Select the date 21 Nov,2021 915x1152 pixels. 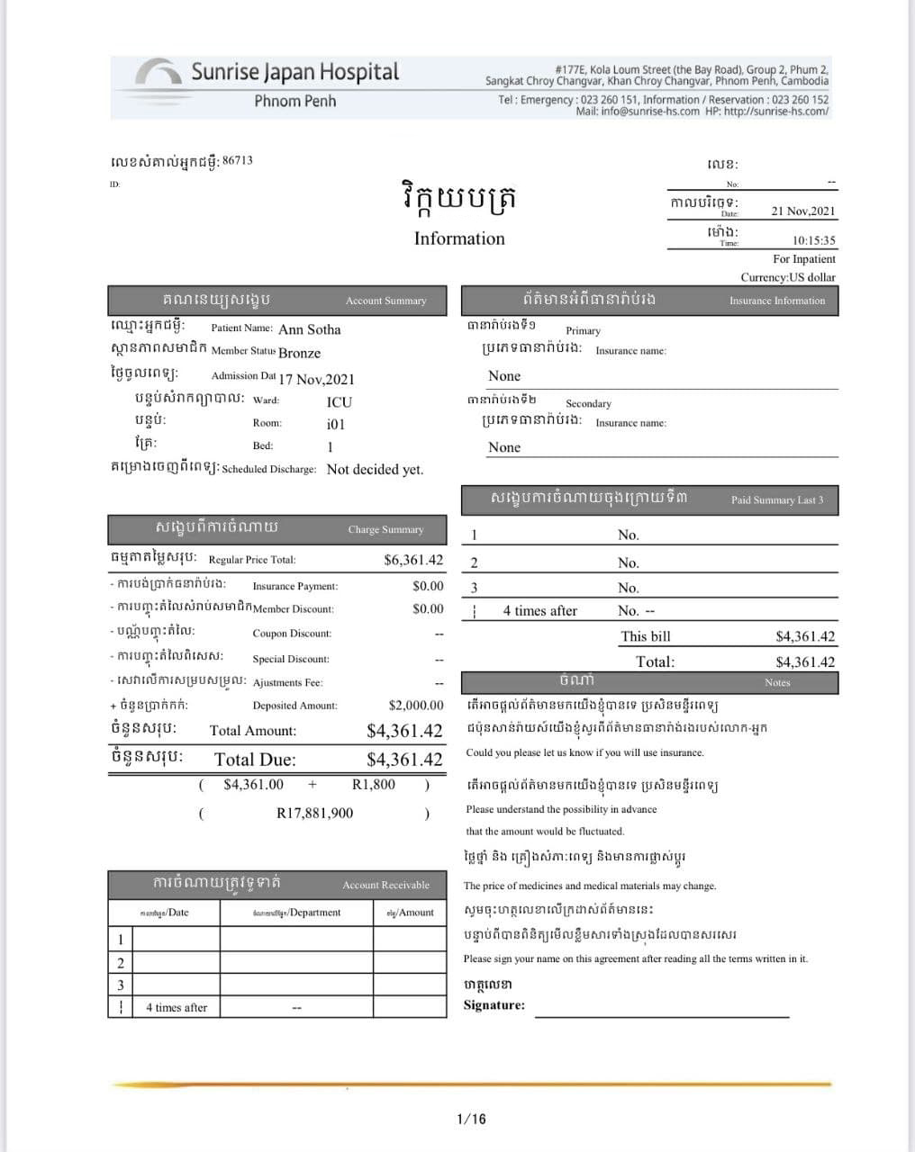click(x=803, y=211)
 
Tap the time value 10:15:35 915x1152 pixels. click(x=814, y=240)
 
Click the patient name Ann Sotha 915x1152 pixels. click(x=310, y=329)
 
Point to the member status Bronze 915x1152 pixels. click(x=299, y=353)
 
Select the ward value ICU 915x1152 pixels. click(x=340, y=402)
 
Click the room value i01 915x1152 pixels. click(x=335, y=425)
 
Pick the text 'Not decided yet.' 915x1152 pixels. click(x=375, y=470)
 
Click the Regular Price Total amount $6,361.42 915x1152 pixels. click(x=413, y=560)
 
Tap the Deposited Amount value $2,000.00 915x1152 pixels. click(x=416, y=706)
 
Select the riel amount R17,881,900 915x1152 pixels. click(x=314, y=814)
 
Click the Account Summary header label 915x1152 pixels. click(x=385, y=301)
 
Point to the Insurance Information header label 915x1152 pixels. click(x=777, y=301)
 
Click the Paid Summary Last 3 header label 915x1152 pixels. click(x=777, y=499)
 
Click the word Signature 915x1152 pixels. click(x=494, y=1005)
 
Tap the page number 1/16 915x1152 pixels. click(x=471, y=1119)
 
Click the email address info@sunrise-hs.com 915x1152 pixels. click(x=650, y=112)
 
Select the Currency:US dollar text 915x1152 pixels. click(x=788, y=277)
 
